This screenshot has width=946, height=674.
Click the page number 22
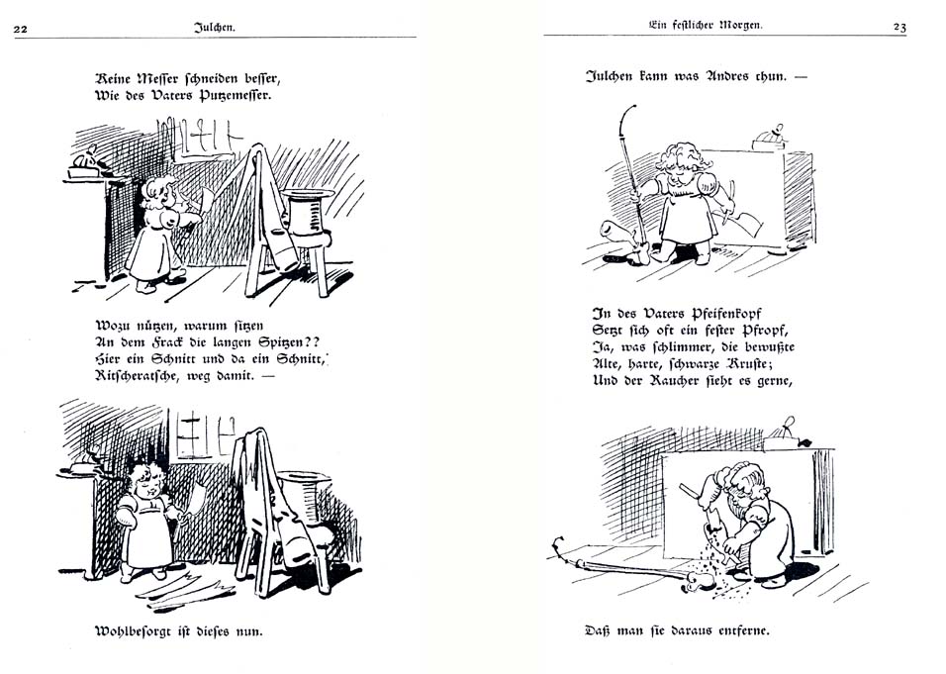coord(20,28)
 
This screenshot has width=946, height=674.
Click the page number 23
coord(899,28)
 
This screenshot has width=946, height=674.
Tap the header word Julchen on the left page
coord(215,28)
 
